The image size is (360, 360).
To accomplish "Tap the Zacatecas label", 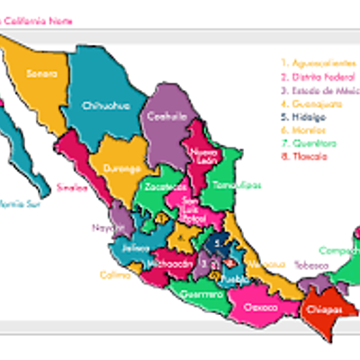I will (159, 187).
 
